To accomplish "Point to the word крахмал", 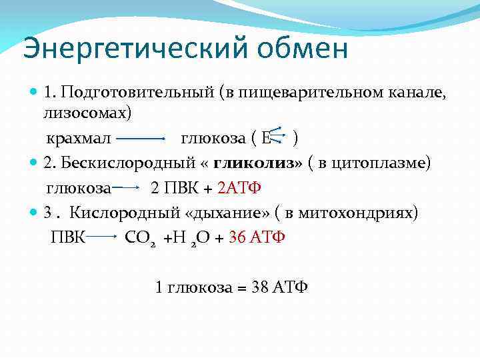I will coord(77,139).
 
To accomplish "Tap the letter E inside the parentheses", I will coord(267,139).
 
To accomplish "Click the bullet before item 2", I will coord(34,163).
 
